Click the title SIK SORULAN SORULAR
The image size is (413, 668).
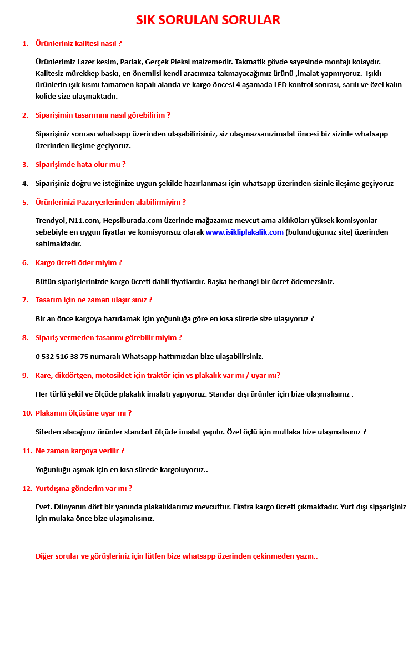click(x=208, y=20)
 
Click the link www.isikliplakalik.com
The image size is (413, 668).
click(x=244, y=232)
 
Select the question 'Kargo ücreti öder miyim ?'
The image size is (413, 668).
click(x=79, y=263)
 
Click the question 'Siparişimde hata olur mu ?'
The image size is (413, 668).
click(x=80, y=165)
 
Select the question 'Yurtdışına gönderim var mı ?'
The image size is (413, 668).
click(x=84, y=489)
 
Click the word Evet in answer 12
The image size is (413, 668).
click(x=44, y=507)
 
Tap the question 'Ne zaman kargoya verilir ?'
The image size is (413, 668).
click(x=80, y=451)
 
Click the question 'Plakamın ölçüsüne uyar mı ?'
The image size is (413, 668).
click(x=84, y=413)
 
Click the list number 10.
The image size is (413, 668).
click(x=27, y=413)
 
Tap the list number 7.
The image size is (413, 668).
click(x=25, y=300)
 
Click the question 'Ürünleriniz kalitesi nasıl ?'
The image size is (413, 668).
click(x=78, y=43)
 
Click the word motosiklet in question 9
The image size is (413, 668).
click(x=113, y=376)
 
